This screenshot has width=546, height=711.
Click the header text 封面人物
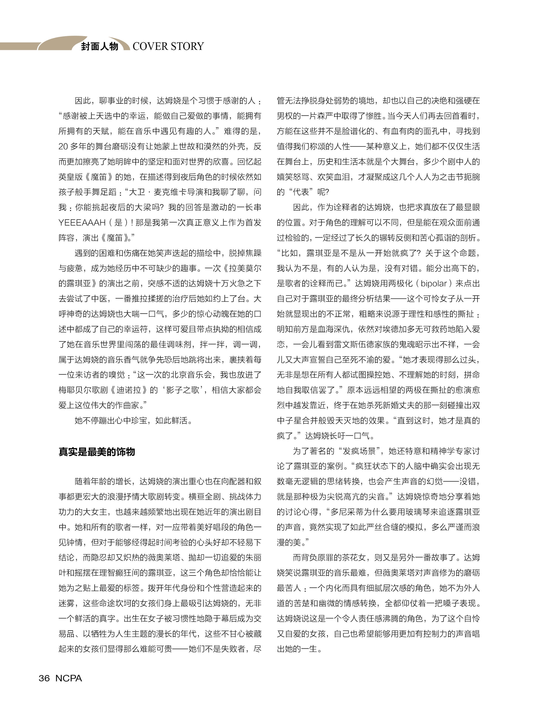pyautogui.click(x=99, y=46)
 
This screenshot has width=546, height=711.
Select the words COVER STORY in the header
pyautogui.click(x=168, y=46)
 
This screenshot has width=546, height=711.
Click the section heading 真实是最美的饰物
pyautogui.click(x=97, y=452)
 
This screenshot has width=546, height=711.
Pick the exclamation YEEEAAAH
pyautogui.click(x=82, y=223)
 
